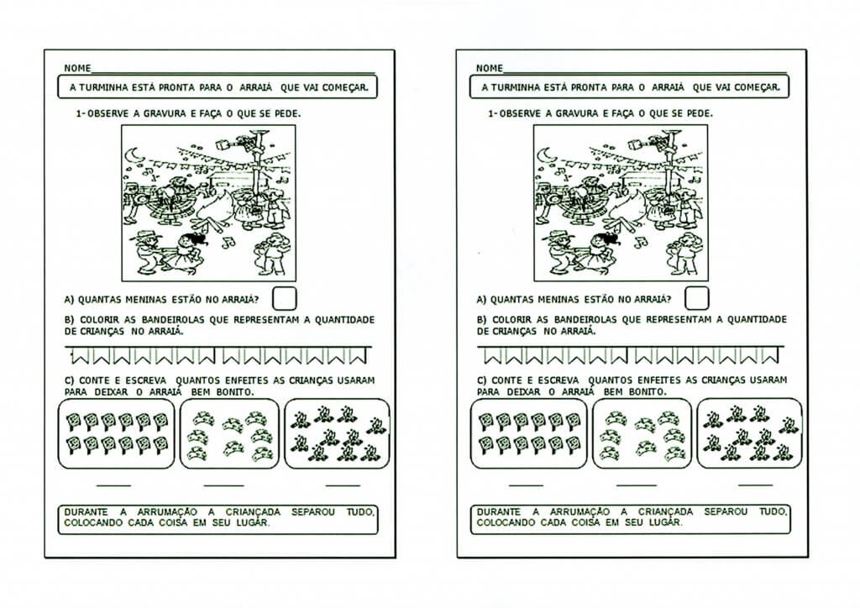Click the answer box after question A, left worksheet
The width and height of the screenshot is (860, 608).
[x=284, y=299]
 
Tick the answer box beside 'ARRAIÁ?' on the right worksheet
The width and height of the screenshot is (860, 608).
[x=696, y=299]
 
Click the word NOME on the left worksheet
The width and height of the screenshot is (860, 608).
[x=77, y=68]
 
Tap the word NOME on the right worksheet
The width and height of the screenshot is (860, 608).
[x=490, y=68]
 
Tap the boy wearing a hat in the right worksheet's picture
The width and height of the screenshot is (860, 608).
[x=558, y=251]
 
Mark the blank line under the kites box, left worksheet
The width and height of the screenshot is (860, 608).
[x=113, y=485]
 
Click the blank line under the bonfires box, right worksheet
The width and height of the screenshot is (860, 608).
[x=755, y=485]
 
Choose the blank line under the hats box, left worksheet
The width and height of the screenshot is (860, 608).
[x=223, y=485]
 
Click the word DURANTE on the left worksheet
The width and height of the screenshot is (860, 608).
[x=86, y=512]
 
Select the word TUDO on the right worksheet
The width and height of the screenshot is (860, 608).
[x=773, y=512]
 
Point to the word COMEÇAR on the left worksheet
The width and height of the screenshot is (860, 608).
[x=345, y=87]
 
